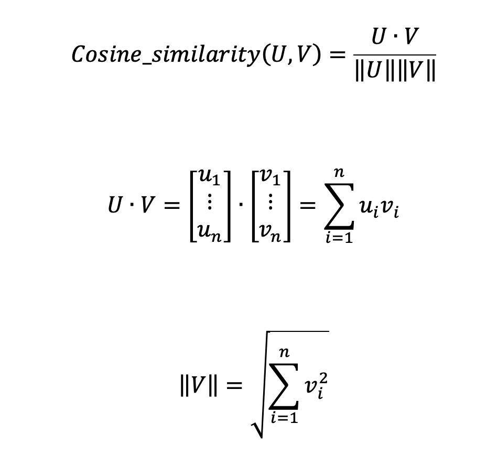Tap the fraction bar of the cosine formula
click(x=395, y=54)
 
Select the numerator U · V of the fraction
click(x=395, y=37)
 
